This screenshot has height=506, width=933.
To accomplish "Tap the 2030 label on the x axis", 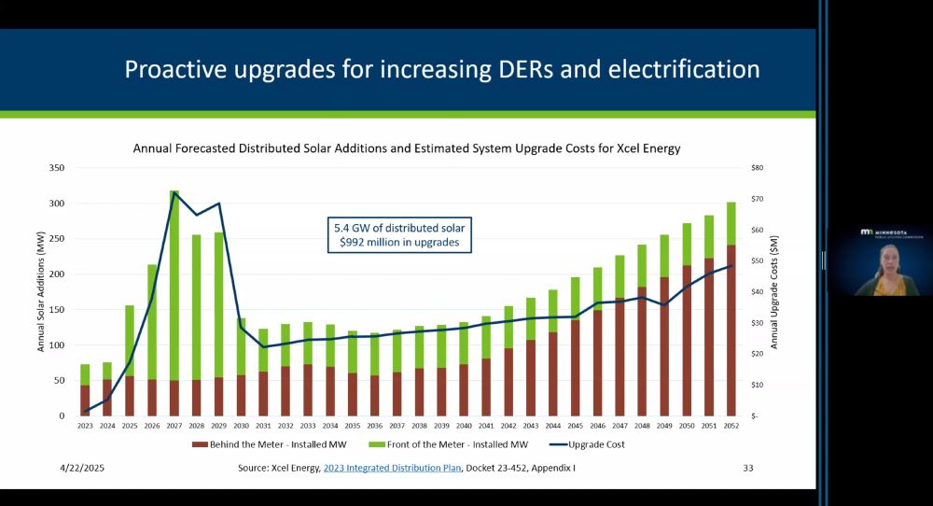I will [241, 426].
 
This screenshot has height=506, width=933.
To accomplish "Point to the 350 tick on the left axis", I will [57, 168].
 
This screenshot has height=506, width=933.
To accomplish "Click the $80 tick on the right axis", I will [757, 168].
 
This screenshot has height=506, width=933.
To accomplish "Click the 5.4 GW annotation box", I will [400, 235].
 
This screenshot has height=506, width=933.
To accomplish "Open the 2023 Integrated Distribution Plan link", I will [392, 468].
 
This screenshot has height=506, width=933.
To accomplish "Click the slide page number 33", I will [747, 468].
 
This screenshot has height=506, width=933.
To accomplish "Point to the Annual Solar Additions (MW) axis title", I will [41, 291].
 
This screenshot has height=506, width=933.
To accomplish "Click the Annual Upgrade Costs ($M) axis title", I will [773, 291].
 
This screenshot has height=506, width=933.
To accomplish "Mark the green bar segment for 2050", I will [687, 245].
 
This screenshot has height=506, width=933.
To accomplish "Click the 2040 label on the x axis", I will [464, 426].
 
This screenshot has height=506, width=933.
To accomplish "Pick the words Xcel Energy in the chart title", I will [647, 148].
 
